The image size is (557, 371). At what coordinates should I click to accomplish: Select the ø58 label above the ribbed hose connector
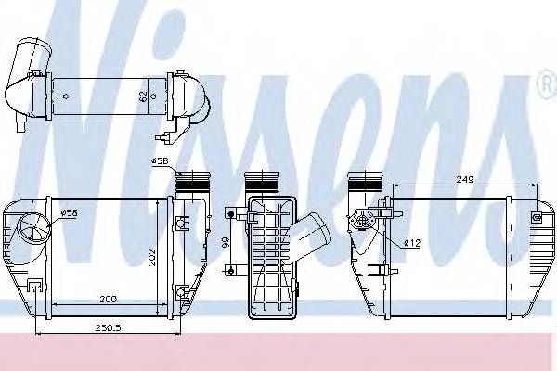(158, 162)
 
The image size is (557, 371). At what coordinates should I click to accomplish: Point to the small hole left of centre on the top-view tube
(68, 94)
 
